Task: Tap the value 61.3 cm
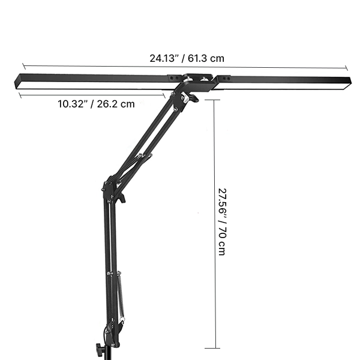point(206,59)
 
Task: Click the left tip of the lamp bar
point(16,79)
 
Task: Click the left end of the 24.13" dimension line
point(23,65)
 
